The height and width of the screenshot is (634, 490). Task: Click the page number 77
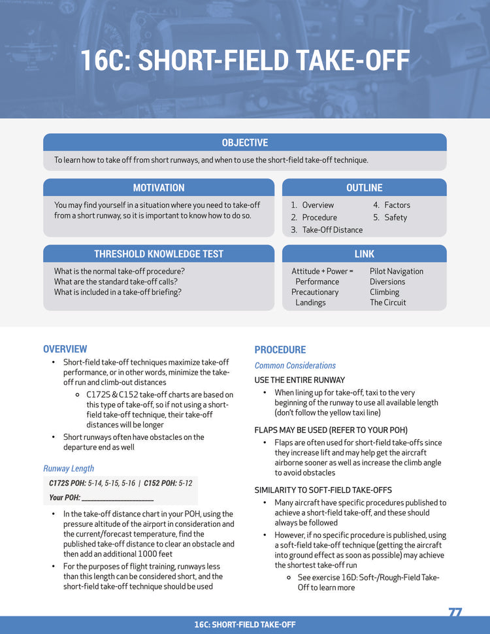coord(455,612)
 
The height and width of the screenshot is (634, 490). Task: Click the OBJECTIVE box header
coord(244,142)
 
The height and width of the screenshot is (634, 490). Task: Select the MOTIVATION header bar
coord(159,188)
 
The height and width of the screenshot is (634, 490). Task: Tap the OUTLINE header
coord(364,188)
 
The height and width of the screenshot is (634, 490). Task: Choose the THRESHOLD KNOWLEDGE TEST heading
coord(159,254)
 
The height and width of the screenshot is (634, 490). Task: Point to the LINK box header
coord(364,254)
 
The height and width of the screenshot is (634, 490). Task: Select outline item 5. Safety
coord(390,217)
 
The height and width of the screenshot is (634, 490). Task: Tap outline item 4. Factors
coord(392,205)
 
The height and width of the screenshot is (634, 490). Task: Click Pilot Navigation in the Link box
coord(397,271)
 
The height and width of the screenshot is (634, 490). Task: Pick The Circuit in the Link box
coord(388,303)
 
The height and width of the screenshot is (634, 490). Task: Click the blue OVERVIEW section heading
coord(65,349)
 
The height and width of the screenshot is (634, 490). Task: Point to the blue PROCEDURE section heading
coord(280,350)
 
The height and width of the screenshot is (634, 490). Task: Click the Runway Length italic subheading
coord(69,468)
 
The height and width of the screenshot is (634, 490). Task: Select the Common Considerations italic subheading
coord(295,365)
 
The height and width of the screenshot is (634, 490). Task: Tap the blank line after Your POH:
coord(118,498)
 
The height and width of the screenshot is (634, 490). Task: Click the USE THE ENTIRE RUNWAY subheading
coord(300,380)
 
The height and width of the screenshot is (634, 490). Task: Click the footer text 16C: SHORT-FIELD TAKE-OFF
coord(245,625)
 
